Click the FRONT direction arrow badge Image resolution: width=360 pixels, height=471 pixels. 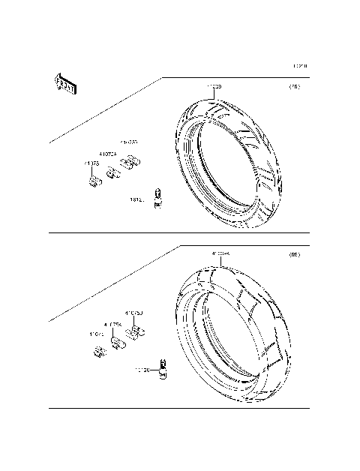click(x=63, y=84)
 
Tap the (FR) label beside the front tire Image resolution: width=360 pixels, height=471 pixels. click(x=295, y=87)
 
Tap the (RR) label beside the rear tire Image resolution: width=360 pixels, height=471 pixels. click(x=295, y=256)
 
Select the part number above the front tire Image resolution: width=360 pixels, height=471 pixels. click(x=214, y=87)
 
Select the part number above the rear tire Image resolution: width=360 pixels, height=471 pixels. click(x=220, y=254)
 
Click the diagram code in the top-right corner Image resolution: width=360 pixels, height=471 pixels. click(x=299, y=65)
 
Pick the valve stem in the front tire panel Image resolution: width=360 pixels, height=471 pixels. click(x=157, y=197)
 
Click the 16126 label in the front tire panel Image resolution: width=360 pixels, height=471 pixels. click(x=137, y=200)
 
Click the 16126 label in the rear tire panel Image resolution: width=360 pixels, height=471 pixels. click(x=142, y=370)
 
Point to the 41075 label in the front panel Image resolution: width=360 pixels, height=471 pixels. click(x=92, y=163)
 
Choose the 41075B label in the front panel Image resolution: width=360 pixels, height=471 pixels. click(x=128, y=142)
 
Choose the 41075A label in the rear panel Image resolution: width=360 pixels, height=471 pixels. click(x=113, y=325)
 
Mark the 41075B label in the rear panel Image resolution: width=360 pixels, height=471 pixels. click(x=133, y=313)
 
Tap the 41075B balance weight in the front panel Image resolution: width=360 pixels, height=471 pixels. click(x=132, y=163)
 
